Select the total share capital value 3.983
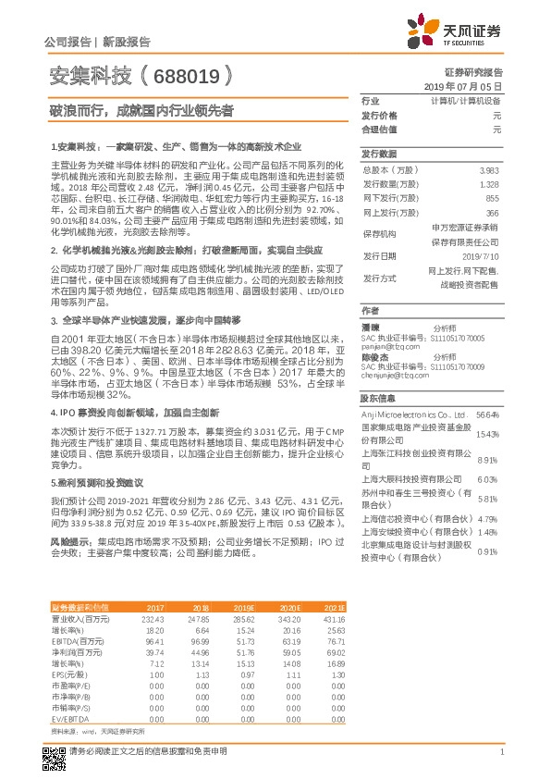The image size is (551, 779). tap(490, 171)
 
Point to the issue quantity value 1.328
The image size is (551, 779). tap(490, 185)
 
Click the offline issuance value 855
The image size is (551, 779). tap(492, 199)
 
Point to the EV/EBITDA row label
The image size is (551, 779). tap(69, 718)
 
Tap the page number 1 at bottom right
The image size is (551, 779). tap(501, 754)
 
